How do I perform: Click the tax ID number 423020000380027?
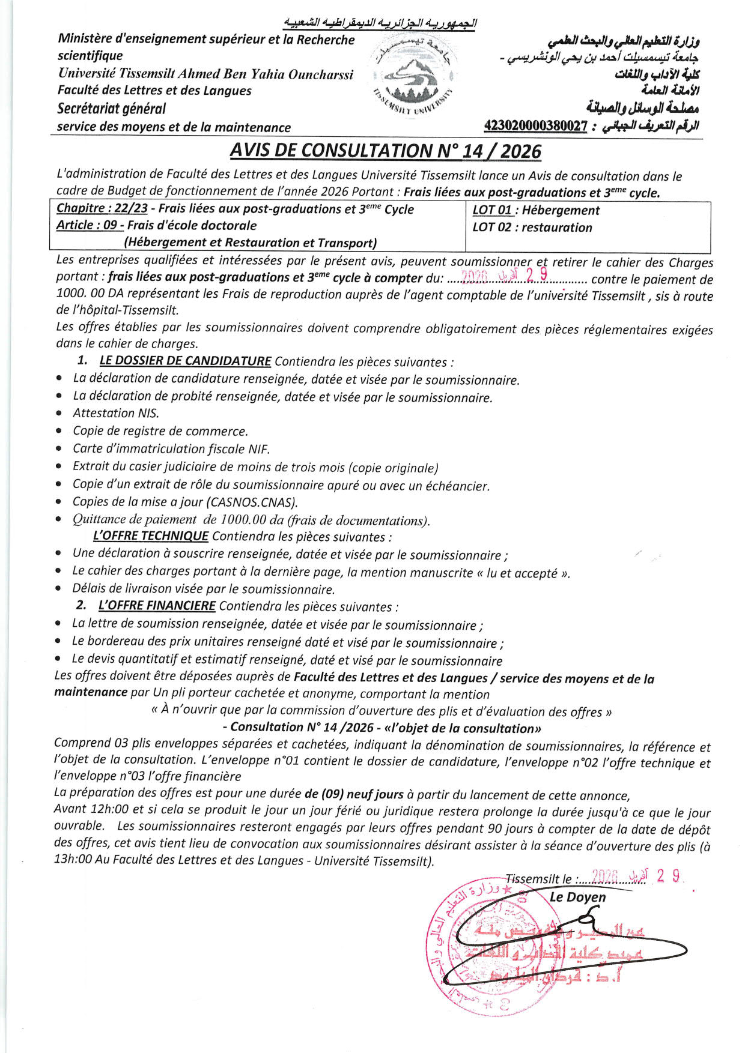pyautogui.click(x=535, y=126)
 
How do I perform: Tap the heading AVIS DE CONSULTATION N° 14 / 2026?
pyautogui.click(x=385, y=150)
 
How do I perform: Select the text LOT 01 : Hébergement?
pyautogui.click(x=536, y=210)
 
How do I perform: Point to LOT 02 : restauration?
pyautogui.click(x=532, y=228)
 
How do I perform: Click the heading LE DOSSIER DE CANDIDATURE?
pyautogui.click(x=185, y=361)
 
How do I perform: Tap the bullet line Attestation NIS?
pyautogui.click(x=116, y=413)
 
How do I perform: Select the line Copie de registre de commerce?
pyautogui.click(x=160, y=431)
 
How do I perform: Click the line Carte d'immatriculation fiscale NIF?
pyautogui.click(x=171, y=448)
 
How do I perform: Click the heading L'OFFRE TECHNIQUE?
pyautogui.click(x=151, y=536)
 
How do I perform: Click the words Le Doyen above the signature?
pyautogui.click(x=577, y=897)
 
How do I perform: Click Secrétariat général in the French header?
pyautogui.click(x=111, y=109)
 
